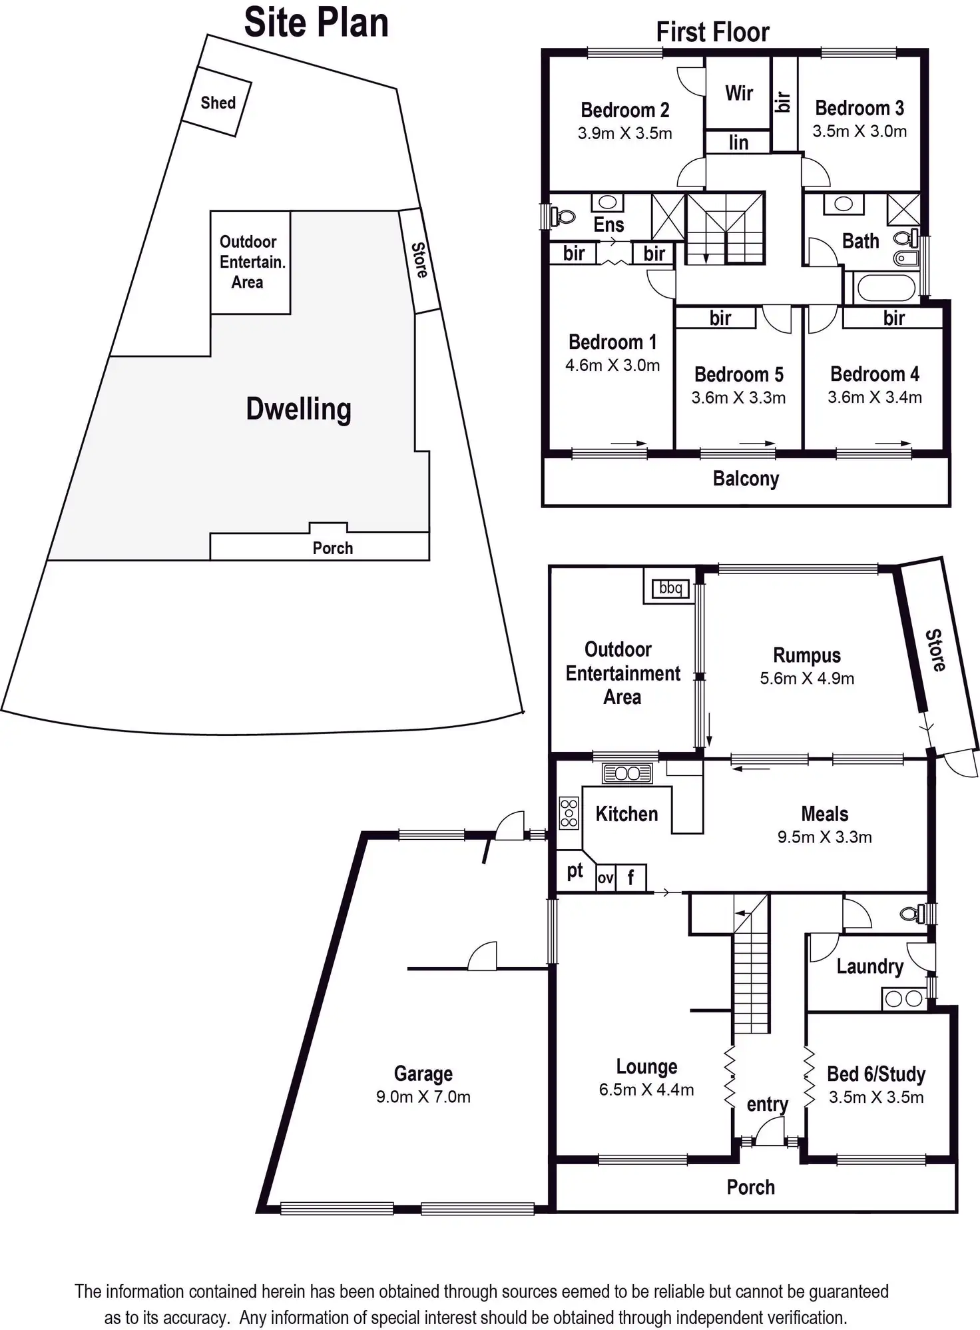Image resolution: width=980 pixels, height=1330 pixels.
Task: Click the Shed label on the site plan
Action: click(x=218, y=103)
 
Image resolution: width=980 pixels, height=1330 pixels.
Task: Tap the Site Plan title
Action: click(x=316, y=23)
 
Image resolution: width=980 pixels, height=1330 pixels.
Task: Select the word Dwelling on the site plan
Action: click(x=298, y=409)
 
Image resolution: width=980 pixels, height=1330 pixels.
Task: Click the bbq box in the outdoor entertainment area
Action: click(x=670, y=588)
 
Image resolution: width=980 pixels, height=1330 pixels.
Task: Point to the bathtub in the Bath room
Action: click(x=885, y=288)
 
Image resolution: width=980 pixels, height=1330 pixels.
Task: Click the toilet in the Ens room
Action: click(x=565, y=216)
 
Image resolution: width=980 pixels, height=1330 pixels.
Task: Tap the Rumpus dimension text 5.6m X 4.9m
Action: click(x=807, y=679)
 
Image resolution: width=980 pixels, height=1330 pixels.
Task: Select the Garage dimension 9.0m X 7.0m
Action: click(x=423, y=1097)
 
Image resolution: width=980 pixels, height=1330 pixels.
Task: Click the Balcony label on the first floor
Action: click(x=746, y=479)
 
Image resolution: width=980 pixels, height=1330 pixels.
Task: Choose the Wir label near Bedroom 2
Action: click(x=739, y=93)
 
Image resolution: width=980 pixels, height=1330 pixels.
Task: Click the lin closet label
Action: click(x=738, y=143)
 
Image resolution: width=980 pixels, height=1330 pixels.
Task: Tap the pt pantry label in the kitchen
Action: click(x=575, y=871)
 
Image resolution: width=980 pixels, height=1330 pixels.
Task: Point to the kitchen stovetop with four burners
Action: click(x=569, y=813)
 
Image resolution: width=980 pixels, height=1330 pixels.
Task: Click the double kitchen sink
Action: click(x=627, y=773)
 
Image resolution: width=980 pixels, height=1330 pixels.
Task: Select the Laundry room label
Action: click(x=869, y=966)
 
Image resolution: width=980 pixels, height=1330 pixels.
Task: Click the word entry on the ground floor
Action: click(x=767, y=1104)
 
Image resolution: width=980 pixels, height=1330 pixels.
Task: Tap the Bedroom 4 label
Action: click(x=874, y=374)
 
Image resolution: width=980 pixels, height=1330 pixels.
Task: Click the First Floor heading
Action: click(x=712, y=32)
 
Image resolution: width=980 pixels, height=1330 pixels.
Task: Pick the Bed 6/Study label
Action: click(x=876, y=1074)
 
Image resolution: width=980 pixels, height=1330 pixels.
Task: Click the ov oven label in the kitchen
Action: click(x=605, y=878)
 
